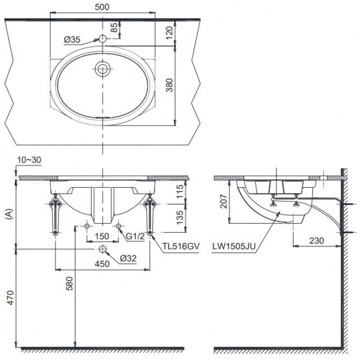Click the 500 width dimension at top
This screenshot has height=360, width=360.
point(103,7)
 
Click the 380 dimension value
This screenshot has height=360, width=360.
point(169,86)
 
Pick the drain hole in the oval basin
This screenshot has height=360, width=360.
point(103,69)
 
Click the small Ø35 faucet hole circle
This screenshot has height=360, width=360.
point(103,38)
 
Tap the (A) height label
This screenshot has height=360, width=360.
point(7,215)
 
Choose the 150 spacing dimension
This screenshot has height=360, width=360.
point(102,236)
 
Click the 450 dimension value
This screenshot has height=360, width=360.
point(102,264)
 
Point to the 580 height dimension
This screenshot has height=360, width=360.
point(70,283)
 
